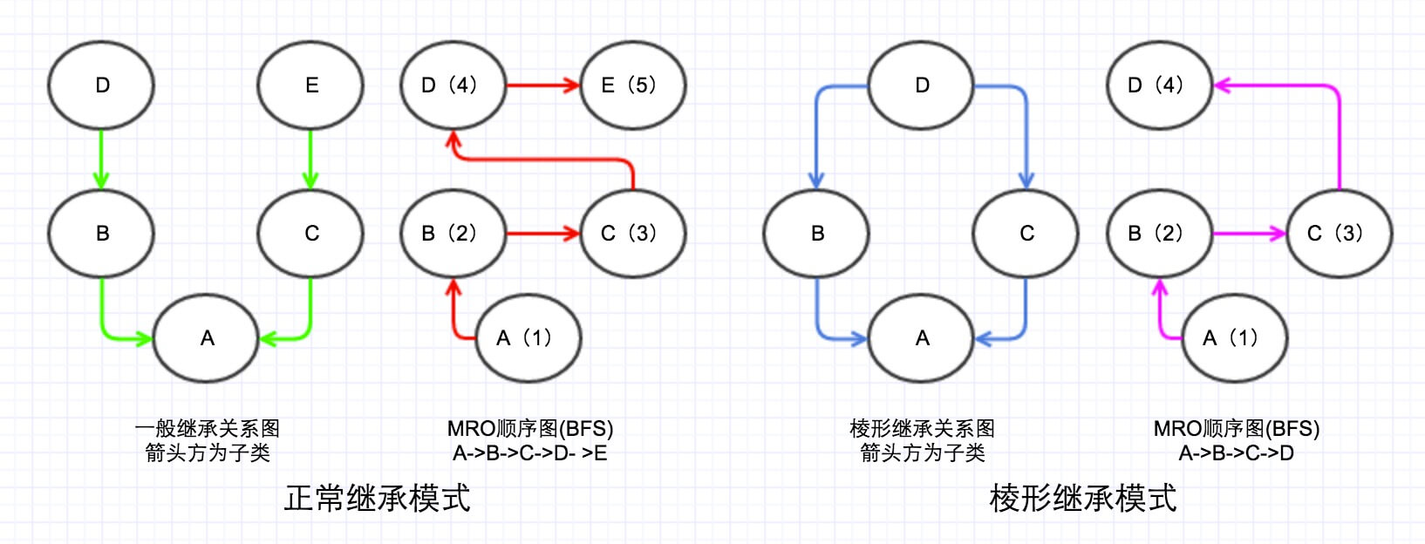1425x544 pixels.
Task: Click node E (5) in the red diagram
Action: pyautogui.click(x=632, y=85)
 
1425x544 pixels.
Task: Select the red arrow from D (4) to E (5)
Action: pyautogui.click(x=542, y=85)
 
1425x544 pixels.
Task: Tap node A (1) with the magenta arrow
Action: pyautogui.click(x=1234, y=338)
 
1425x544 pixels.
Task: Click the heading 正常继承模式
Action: pyautogui.click(x=377, y=499)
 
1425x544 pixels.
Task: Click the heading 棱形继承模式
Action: pyautogui.click(x=1083, y=499)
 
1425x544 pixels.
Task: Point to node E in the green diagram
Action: pyautogui.click(x=310, y=85)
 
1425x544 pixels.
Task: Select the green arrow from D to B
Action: pyautogui.click(x=101, y=159)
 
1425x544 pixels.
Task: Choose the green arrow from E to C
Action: pyautogui.click(x=310, y=159)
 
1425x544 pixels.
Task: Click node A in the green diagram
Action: pyautogui.click(x=206, y=338)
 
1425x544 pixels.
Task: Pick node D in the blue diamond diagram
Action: pyautogui.click(x=921, y=85)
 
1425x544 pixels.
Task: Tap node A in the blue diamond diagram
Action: pyautogui.click(x=921, y=338)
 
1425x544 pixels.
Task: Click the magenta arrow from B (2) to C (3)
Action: pyautogui.click(x=1248, y=234)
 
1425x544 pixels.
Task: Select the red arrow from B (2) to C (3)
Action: pyautogui.click(x=542, y=234)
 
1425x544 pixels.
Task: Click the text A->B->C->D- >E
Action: pyautogui.click(x=529, y=453)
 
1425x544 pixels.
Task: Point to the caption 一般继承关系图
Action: pyautogui.click(x=207, y=428)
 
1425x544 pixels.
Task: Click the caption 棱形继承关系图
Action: pyautogui.click(x=922, y=428)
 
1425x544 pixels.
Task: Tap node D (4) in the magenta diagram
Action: pyautogui.click(x=1159, y=85)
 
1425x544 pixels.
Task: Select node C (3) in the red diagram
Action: pyautogui.click(x=632, y=234)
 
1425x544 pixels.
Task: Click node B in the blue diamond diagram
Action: pyautogui.click(x=816, y=234)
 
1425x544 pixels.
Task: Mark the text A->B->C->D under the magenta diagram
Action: pyautogui.click(x=1236, y=453)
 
